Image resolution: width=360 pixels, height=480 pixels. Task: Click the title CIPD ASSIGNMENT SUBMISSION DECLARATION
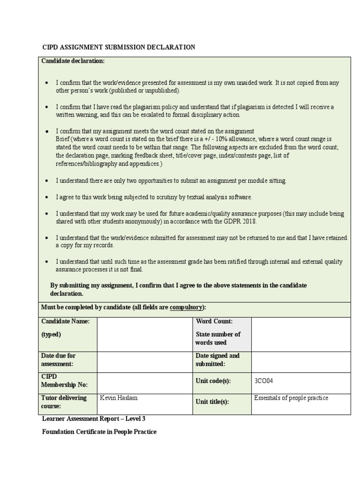(119, 47)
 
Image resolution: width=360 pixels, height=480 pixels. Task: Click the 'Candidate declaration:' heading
(73, 61)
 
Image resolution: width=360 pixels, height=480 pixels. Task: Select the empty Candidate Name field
(144, 334)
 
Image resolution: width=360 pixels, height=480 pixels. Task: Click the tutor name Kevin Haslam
(119, 398)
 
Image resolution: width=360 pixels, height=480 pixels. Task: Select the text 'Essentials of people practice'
(291, 398)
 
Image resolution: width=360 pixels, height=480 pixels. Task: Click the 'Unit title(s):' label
(212, 402)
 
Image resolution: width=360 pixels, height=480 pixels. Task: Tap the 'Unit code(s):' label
(213, 381)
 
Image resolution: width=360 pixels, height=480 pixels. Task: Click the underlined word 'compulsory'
(187, 307)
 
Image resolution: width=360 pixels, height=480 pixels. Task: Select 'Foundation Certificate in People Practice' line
(99, 432)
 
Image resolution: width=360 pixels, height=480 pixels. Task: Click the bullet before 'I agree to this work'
(46, 197)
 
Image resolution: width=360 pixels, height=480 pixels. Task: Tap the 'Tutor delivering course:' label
(64, 402)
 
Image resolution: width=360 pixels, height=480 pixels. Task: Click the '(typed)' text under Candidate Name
(51, 335)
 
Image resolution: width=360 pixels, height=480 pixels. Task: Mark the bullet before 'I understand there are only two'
(46, 181)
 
